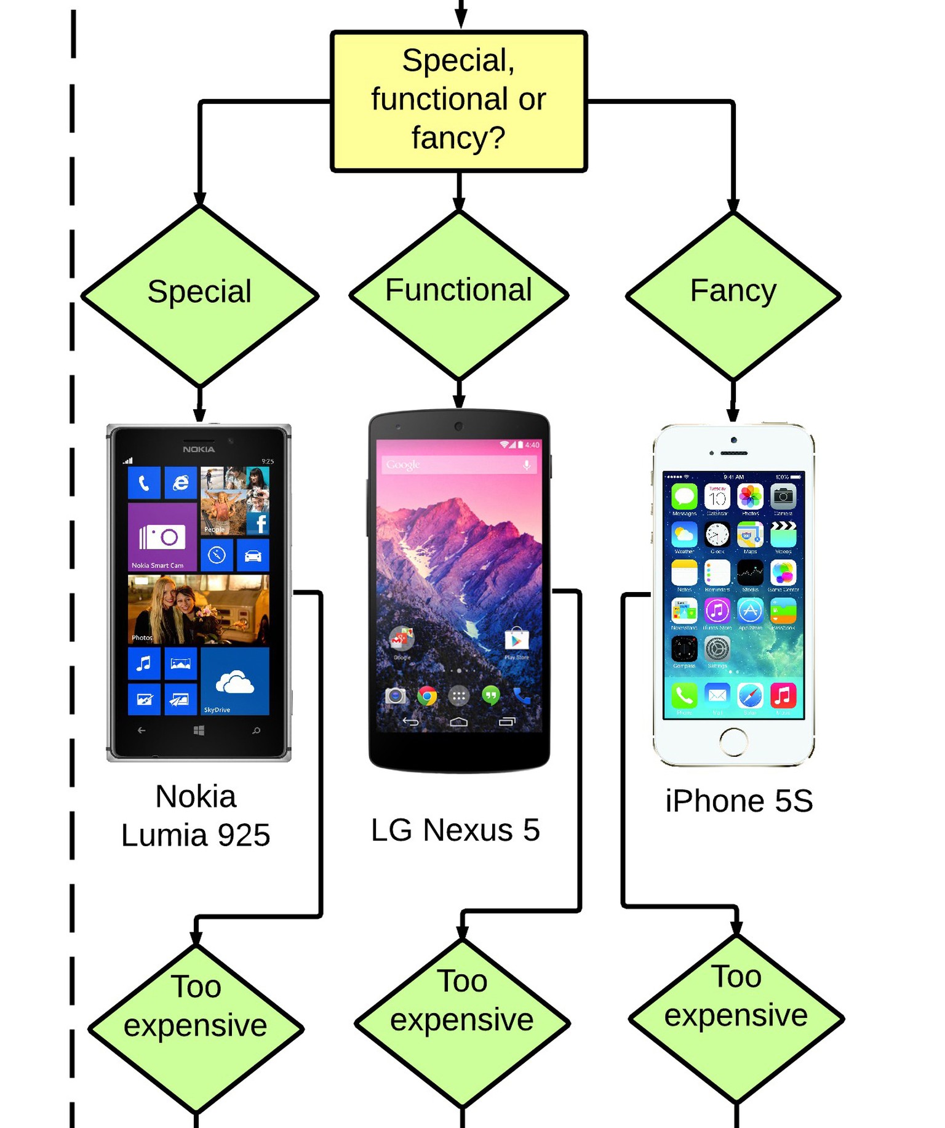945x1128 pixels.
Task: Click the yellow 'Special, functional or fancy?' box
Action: (458, 100)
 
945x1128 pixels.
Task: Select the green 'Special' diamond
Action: (199, 295)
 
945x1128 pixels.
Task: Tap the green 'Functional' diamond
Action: (458, 295)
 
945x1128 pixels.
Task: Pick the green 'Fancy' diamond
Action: (733, 296)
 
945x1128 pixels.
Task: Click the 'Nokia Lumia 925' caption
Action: (196, 815)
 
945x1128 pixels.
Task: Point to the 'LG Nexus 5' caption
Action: (455, 830)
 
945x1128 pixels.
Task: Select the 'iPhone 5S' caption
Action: (739, 801)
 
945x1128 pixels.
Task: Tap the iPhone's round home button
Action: (733, 741)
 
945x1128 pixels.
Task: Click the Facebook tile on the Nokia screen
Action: (258, 524)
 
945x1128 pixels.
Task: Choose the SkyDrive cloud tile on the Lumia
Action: (234, 681)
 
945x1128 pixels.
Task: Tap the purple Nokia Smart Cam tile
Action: (162, 537)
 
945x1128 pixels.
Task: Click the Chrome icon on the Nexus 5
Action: (426, 696)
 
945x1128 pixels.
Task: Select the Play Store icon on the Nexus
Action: (516, 640)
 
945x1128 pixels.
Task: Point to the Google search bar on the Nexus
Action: (458, 465)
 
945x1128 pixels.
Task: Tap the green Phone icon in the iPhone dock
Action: (684, 696)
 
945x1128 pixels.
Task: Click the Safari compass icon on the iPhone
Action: (749, 696)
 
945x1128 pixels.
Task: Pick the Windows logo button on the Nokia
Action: (199, 730)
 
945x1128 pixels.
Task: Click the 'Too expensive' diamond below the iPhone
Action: (736, 1018)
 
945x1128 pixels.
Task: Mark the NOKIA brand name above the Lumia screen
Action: (199, 449)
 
